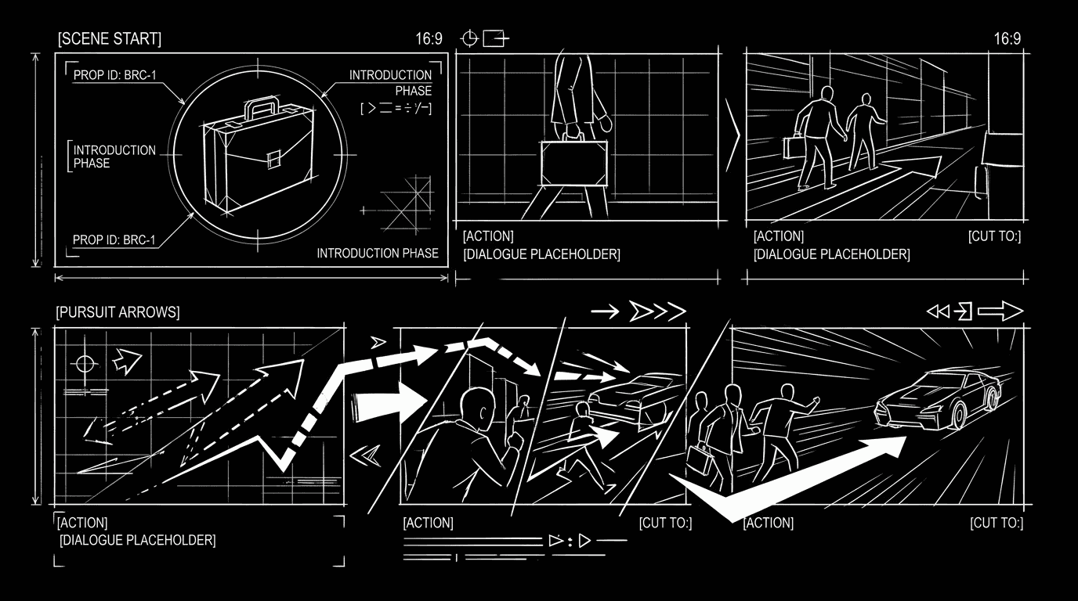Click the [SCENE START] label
pos(109,38)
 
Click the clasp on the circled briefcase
pos(273,160)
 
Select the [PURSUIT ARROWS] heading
pos(118,312)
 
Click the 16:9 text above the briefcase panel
pos(429,38)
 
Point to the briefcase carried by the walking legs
pos(573,164)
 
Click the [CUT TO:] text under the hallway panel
pos(995,236)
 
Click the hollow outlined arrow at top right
pos(1000,311)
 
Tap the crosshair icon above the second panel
pos(469,38)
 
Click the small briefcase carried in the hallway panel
pos(794,146)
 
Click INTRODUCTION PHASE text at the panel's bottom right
pos(377,253)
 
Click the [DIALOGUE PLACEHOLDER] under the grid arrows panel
pos(137,540)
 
